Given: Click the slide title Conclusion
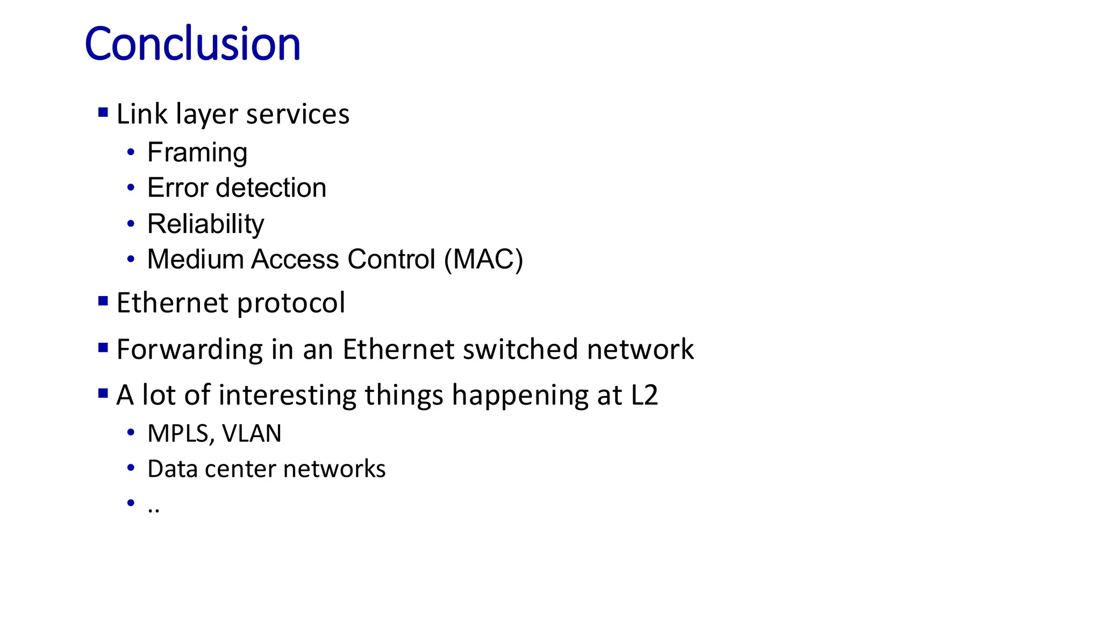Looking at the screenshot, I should (192, 44).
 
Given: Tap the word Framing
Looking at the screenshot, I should (197, 153).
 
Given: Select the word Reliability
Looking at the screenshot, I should (205, 224).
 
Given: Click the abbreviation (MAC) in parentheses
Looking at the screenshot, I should (483, 259).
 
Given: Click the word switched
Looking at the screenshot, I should (520, 349).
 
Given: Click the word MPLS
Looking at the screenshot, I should (178, 434).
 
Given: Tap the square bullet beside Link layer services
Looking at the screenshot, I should (103, 112).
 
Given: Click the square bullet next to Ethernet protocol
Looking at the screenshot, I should (103, 301).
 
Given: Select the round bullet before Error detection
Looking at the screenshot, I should (131, 188).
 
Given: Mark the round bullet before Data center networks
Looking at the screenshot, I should (131, 468).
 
